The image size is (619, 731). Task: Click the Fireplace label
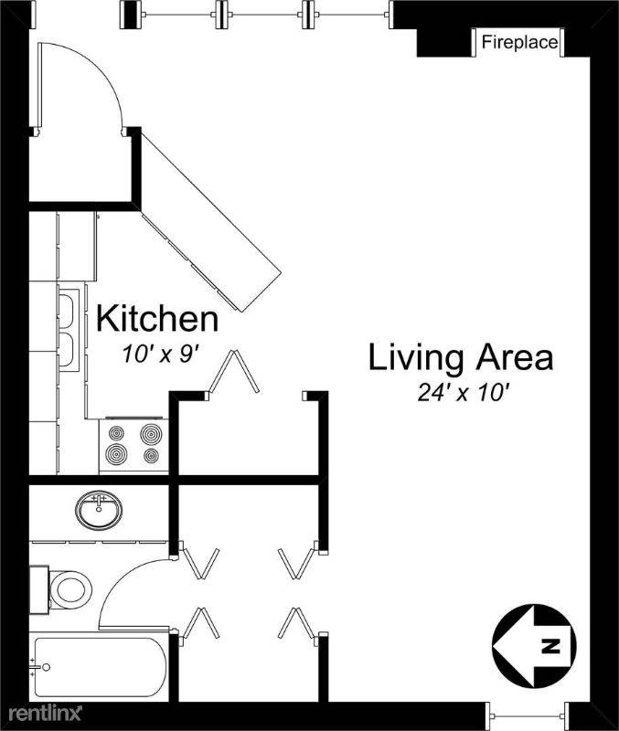point(519,42)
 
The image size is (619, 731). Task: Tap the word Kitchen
point(157,319)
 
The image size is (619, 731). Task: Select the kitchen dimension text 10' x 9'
point(161,355)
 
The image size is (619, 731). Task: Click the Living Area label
point(461,357)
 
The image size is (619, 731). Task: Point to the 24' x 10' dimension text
point(463,393)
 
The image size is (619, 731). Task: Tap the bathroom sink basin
point(99,510)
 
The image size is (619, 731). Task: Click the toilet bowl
point(70,589)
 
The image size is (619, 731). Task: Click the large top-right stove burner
point(151,435)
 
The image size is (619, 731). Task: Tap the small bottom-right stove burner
point(151,455)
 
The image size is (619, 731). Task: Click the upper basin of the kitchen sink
point(67,305)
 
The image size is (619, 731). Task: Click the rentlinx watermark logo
point(45,713)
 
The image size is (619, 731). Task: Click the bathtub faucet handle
point(46,667)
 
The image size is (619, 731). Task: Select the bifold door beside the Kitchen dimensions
point(234,373)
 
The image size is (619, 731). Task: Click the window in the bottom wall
point(530,716)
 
